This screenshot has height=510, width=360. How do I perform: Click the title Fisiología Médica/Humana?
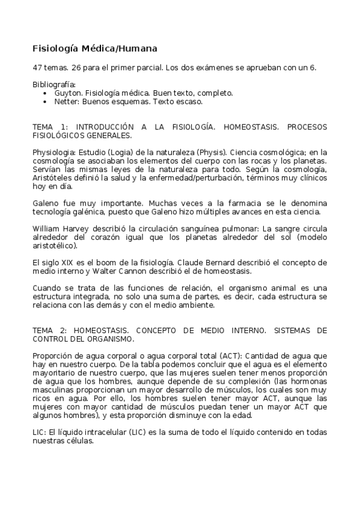94,48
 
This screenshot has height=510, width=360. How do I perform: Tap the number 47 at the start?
37,67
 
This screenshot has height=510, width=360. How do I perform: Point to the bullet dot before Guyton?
46,94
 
